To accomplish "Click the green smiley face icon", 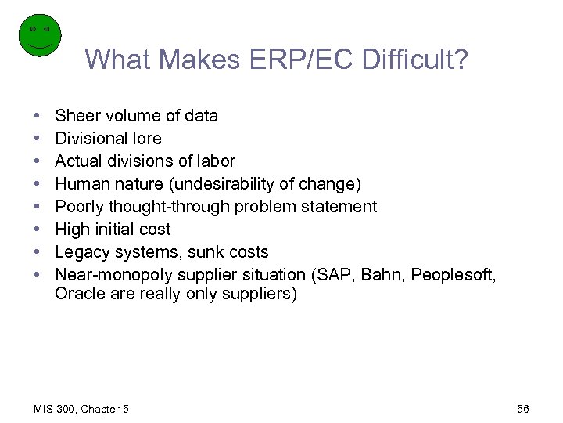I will (x=39, y=36).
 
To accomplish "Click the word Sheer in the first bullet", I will (x=75, y=116).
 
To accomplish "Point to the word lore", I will (x=148, y=139).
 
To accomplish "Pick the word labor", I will (x=214, y=161).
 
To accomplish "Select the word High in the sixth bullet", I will (x=72, y=230).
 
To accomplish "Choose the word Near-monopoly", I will (x=114, y=275).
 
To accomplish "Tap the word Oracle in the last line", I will (x=78, y=295).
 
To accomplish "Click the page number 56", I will (x=523, y=409).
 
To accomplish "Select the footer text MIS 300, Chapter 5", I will (x=82, y=409).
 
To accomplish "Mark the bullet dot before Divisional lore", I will (x=38, y=139).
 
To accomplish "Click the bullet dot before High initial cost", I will (x=38, y=230).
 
